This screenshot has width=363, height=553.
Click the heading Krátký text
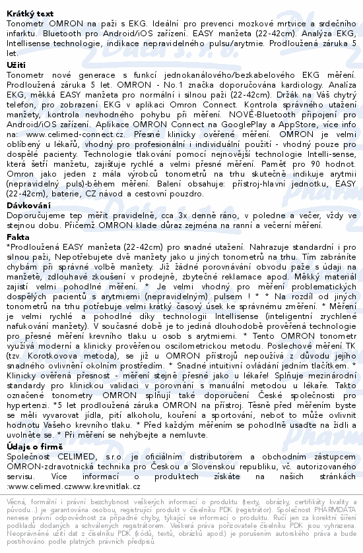[x=27, y=5]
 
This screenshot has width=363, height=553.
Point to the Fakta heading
[x=17, y=237]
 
